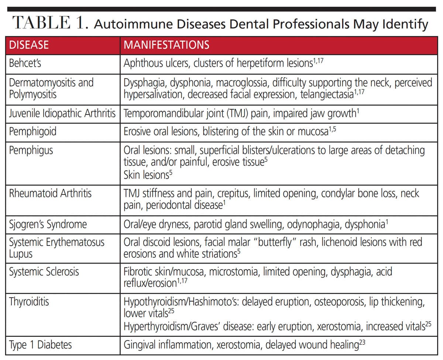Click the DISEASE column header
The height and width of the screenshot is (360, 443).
pyautogui.click(x=29, y=45)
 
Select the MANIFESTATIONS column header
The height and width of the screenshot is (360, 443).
pyautogui.click(x=166, y=45)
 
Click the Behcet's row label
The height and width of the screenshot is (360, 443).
pyautogui.click(x=25, y=63)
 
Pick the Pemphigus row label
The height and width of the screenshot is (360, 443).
pyautogui.click(x=31, y=150)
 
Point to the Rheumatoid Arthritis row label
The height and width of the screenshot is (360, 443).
pyautogui.click(x=50, y=193)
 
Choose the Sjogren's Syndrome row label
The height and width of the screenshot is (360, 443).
pyautogui.click(x=48, y=224)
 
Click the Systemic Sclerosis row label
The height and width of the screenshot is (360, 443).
pyautogui.click(x=44, y=272)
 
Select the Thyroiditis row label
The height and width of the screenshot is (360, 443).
pyautogui.click(x=29, y=302)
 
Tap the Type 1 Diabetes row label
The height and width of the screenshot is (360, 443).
pyautogui.click(x=40, y=345)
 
